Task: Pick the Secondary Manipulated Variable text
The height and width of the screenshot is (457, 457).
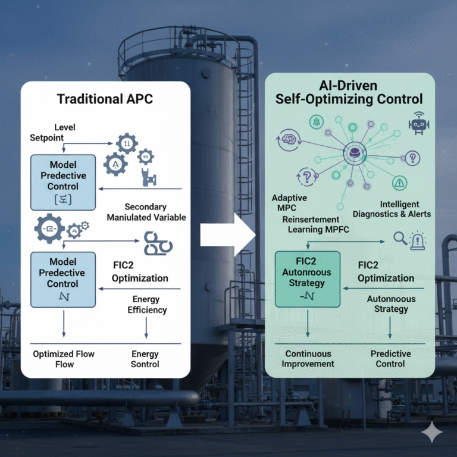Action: [146, 212]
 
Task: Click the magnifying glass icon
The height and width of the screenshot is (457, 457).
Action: [400, 239]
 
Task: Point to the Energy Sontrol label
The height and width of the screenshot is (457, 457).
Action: [145, 359]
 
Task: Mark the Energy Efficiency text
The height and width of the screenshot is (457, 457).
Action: [147, 305]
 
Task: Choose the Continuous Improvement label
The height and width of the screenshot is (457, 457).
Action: [308, 359]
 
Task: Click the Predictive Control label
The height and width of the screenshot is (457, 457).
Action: [390, 359]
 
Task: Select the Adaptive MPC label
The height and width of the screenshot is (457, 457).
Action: [290, 203]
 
